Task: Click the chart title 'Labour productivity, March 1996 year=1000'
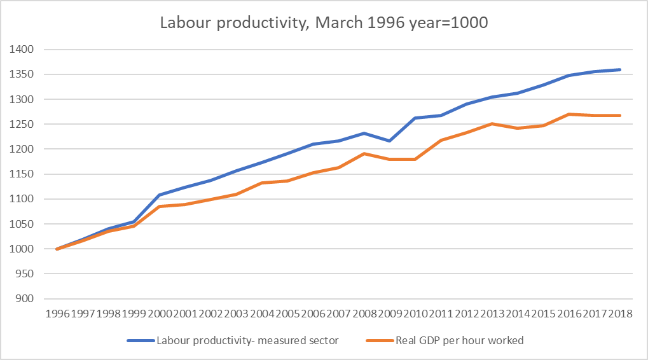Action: [x=324, y=23]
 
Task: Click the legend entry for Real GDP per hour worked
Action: [x=460, y=341]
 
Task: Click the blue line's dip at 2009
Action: [x=390, y=141]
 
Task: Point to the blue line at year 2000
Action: [x=160, y=195]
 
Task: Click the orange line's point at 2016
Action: [x=569, y=114]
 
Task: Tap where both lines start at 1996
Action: [x=57, y=249]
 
